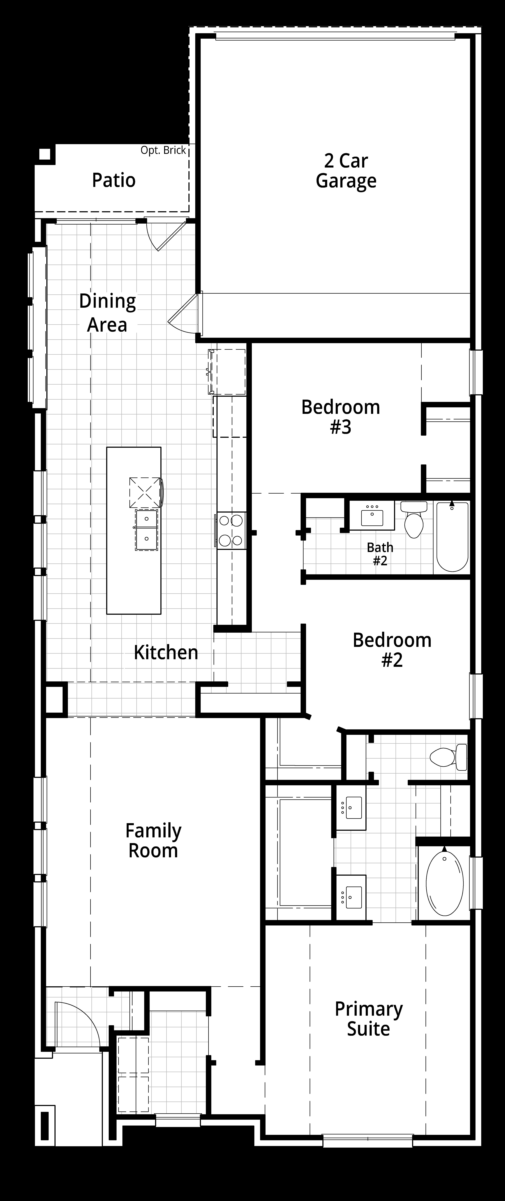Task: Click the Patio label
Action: pos(114,180)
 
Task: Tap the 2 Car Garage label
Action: pos(346,171)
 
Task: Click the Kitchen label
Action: pos(166,652)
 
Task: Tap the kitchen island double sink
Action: pos(146,530)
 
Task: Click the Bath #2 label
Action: pos(380,554)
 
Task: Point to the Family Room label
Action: pos(153,841)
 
